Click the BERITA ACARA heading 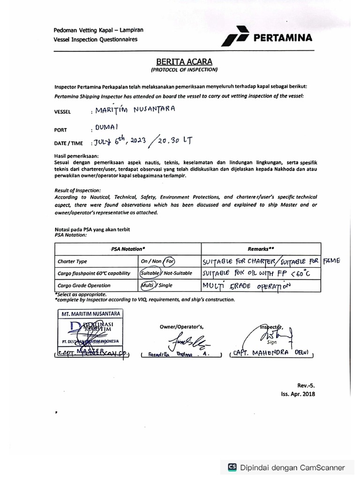184,61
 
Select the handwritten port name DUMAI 106,127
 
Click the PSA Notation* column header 128,249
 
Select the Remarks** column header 261,249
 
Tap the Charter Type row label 72,262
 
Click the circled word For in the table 169,261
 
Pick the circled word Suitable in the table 150,273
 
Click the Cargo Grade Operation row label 84,285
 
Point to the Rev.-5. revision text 306,385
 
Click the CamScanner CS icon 232,467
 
